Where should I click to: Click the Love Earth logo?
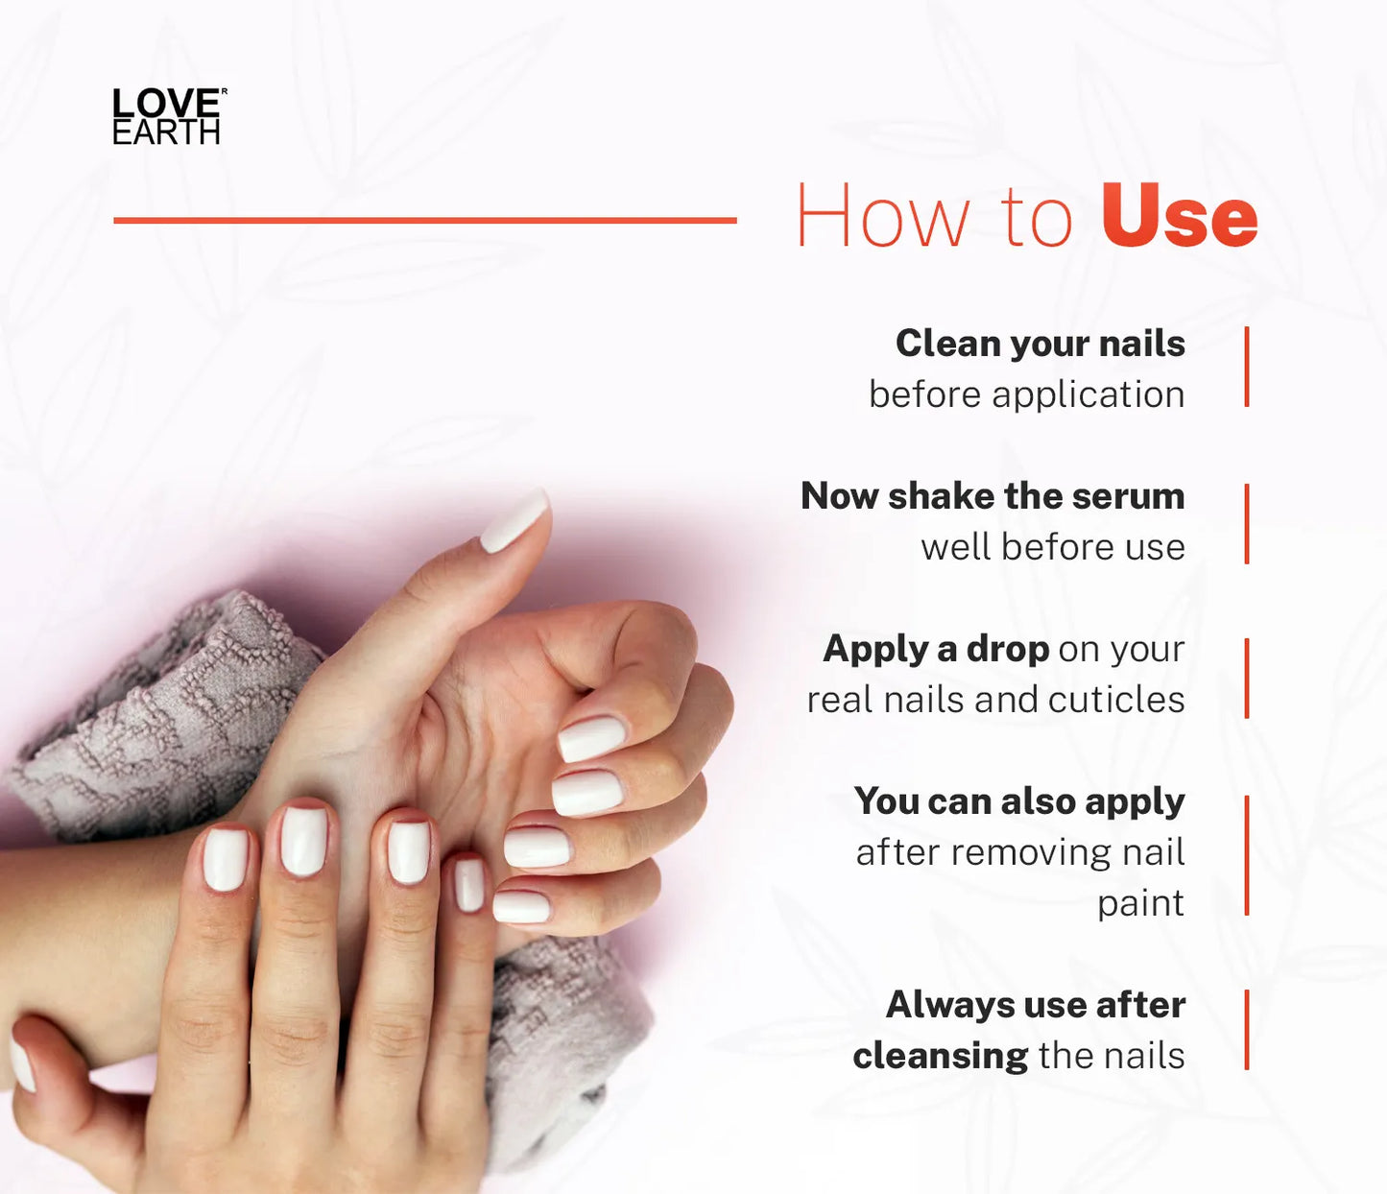pos(169,115)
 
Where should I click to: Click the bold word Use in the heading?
pos(1179,216)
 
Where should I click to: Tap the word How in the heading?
pos(884,216)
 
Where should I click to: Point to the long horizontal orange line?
pos(425,220)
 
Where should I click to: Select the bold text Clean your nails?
pos(1040,344)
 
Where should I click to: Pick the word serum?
pos(1128,496)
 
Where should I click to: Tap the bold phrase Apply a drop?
pos(936,650)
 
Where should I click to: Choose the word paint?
pos(1140,905)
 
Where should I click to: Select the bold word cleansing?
pos(940,1056)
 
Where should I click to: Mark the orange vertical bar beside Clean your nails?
pos(1247,367)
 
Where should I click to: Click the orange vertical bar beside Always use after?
pos(1247,1030)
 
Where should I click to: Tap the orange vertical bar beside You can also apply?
pos(1247,855)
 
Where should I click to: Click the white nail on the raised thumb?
pos(514,521)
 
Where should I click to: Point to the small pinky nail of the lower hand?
pos(469,885)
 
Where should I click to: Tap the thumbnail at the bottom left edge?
pos(21,1065)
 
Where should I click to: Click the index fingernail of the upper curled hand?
pos(592,738)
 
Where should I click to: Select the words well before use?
pos(1053,547)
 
